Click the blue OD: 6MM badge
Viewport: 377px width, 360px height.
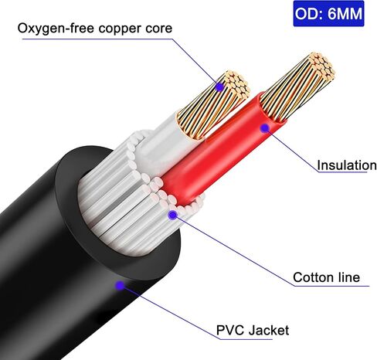pos(328,14)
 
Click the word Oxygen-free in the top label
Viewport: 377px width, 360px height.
pos(56,29)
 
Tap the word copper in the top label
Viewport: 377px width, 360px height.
pos(121,29)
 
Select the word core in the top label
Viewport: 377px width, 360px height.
pos(159,29)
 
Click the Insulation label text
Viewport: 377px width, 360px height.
pos(347,165)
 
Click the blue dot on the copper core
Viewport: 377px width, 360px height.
pos(219,87)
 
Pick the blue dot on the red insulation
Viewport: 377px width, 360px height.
pos(265,128)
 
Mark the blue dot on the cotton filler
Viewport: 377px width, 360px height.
pos(173,215)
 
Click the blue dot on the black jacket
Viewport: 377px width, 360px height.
pos(119,285)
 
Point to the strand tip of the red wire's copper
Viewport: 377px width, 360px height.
pos(321,66)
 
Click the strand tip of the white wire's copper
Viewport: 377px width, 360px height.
pos(236,84)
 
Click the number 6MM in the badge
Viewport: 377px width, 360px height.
pos(345,14)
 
